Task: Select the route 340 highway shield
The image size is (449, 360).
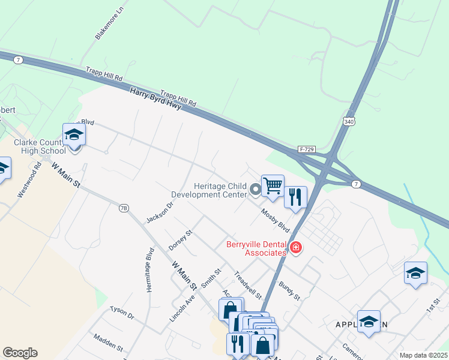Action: (x=349, y=122)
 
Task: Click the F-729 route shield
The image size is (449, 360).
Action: (x=307, y=149)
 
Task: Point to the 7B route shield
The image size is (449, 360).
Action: (x=124, y=208)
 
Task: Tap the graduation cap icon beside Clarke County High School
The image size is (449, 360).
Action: (x=74, y=135)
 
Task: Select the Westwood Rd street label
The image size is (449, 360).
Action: (x=29, y=184)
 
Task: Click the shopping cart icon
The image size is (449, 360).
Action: (x=273, y=186)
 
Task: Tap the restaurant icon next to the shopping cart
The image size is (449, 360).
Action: (x=295, y=197)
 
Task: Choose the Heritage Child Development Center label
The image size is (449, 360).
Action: (x=209, y=190)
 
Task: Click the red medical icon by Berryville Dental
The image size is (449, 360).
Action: (x=295, y=248)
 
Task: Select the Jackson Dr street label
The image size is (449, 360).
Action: (x=160, y=211)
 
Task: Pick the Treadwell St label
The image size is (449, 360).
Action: (x=249, y=285)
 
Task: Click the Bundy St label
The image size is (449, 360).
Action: (x=289, y=289)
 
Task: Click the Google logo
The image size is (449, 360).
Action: (x=20, y=353)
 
